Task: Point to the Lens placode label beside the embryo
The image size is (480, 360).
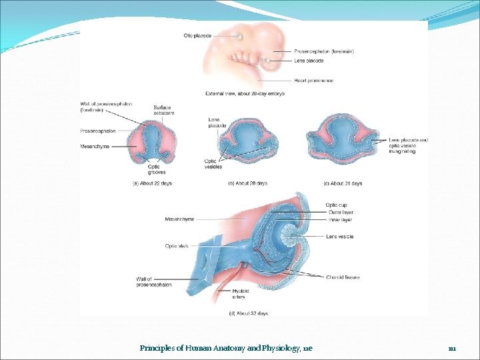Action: point(309,61)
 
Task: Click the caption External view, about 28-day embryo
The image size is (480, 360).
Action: point(245,94)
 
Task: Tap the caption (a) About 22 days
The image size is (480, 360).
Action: point(152,183)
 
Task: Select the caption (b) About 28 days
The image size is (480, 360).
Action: point(247,183)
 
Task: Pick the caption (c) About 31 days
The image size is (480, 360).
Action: point(343,183)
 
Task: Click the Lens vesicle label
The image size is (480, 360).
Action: point(340,237)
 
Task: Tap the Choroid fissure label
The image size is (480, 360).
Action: point(343,277)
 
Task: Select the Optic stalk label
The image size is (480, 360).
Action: point(177,246)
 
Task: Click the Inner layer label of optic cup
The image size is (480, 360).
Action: point(341,220)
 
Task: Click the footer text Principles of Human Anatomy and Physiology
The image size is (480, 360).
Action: point(226,348)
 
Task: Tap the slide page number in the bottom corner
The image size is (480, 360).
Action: point(451,348)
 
